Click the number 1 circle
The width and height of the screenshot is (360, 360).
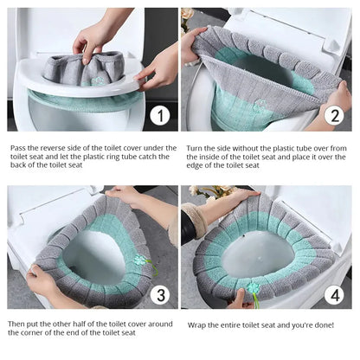click(x=158, y=114)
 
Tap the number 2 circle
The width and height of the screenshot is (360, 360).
click(x=334, y=115)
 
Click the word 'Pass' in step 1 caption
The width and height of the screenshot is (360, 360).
click(x=19, y=148)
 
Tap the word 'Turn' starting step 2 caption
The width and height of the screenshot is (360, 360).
click(x=196, y=148)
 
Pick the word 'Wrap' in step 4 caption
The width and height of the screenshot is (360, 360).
click(x=198, y=325)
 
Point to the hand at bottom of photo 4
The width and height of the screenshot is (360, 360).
click(x=243, y=298)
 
